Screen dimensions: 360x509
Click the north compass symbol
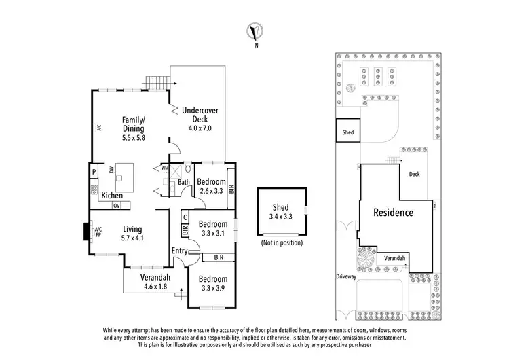click(x=256, y=32)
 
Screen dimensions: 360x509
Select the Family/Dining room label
click(x=134, y=127)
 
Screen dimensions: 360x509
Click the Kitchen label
click(x=112, y=196)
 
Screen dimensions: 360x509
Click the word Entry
click(x=179, y=251)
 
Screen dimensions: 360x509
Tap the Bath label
click(x=183, y=182)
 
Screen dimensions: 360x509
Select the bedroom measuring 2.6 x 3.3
click(x=212, y=186)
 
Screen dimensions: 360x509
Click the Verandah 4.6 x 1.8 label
click(x=155, y=282)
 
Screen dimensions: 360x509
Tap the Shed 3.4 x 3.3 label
click(x=280, y=212)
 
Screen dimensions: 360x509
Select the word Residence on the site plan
click(x=394, y=213)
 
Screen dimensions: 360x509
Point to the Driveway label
click(x=346, y=277)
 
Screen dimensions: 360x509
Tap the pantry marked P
click(x=94, y=173)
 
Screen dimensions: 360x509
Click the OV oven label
click(x=117, y=205)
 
